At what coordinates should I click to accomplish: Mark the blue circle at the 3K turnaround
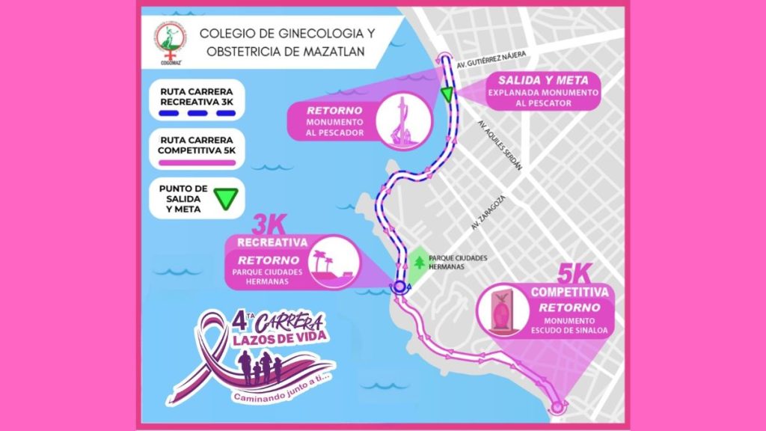coord(399,287)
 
